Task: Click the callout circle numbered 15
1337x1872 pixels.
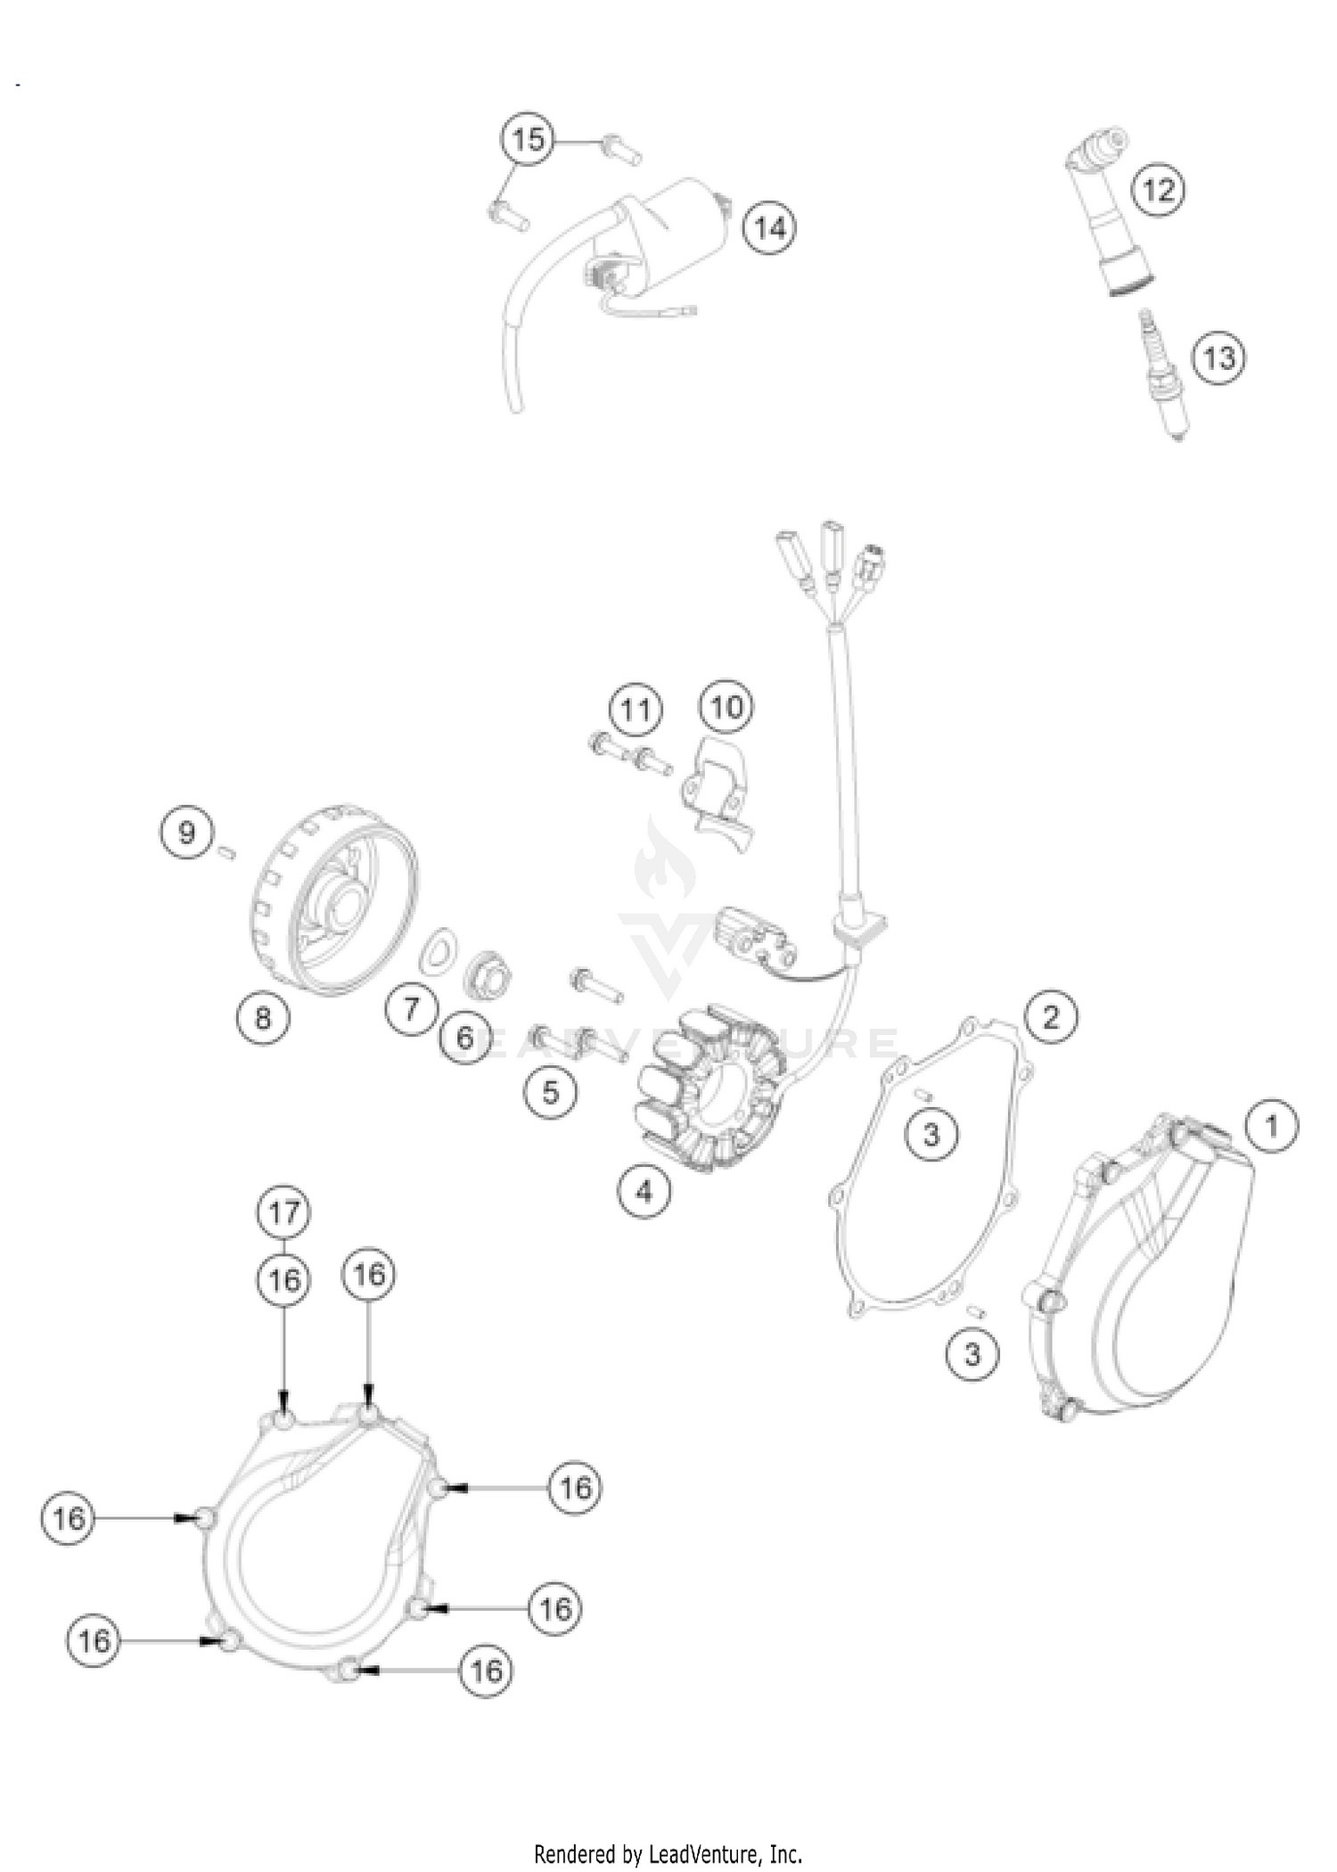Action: point(528,139)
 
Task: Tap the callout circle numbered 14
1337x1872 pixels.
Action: point(770,228)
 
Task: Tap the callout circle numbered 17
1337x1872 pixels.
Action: point(283,1212)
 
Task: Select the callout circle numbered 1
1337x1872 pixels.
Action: point(1272,1126)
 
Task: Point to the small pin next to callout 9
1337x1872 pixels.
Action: point(226,853)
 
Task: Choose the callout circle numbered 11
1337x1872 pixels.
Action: point(636,710)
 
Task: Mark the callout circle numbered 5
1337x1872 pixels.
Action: point(551,1091)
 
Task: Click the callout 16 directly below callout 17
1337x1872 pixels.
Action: point(283,1281)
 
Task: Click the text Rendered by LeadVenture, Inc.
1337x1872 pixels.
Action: point(668,1855)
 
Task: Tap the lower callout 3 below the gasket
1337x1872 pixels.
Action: point(972,1354)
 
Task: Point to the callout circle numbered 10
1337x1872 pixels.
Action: point(726,707)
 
